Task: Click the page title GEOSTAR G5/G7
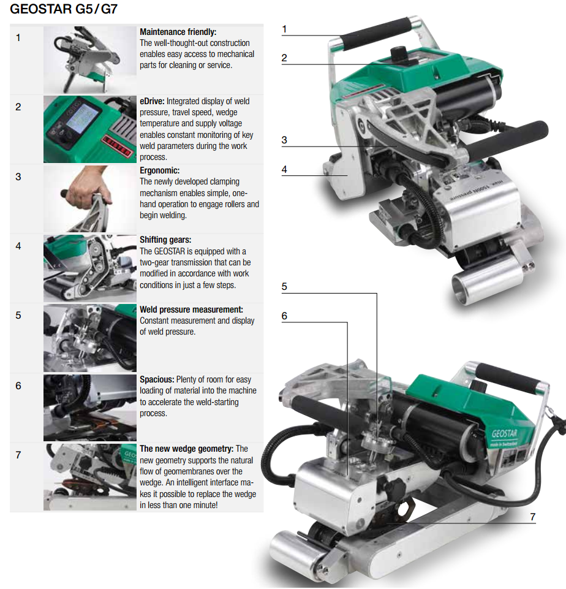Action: click(x=64, y=9)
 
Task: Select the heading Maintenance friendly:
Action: click(x=178, y=32)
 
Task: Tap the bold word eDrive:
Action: click(x=152, y=101)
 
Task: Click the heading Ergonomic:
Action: click(x=159, y=170)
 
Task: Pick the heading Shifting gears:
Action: click(x=165, y=240)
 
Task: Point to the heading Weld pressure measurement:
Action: click(x=191, y=310)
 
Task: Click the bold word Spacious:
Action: click(x=157, y=379)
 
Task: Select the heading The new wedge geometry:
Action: click(x=187, y=449)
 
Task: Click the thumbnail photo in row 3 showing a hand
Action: click(x=89, y=199)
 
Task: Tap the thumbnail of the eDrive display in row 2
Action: click(x=89, y=129)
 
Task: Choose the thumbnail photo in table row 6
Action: click(x=89, y=408)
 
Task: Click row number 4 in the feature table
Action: click(x=18, y=246)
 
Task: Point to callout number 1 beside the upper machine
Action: click(x=284, y=29)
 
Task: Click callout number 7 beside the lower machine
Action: click(x=532, y=517)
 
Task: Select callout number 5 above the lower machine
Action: click(x=284, y=287)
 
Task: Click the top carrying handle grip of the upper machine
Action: click(x=376, y=33)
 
